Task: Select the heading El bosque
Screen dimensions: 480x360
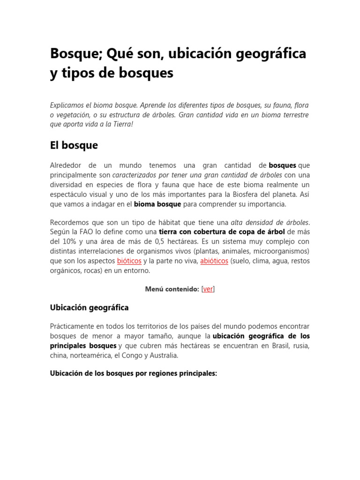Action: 74,145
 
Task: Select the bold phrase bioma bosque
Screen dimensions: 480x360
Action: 157,204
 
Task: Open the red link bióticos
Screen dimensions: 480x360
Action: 129,261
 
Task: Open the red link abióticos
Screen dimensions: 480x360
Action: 214,261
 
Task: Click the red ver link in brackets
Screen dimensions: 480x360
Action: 208,289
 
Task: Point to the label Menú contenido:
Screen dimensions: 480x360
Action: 172,289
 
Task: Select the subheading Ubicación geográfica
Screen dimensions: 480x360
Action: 89,307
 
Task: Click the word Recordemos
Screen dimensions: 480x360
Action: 71,222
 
